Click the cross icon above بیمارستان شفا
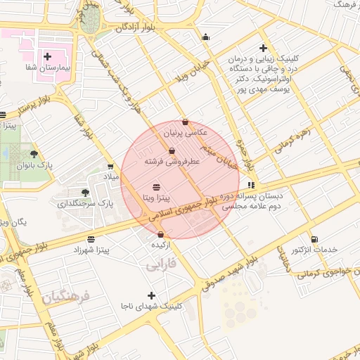pyautogui.click(x=47, y=56)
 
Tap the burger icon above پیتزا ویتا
pyautogui.click(x=155, y=186)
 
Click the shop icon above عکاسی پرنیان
pyautogui.click(x=185, y=122)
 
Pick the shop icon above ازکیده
pyautogui.click(x=161, y=234)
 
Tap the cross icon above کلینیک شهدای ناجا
pyautogui.click(x=151, y=295)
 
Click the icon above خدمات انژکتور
pyautogui.click(x=314, y=239)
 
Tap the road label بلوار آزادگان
pyautogui.click(x=139, y=27)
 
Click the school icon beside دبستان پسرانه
pyautogui.click(x=252, y=186)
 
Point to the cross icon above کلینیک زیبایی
pyautogui.click(x=263, y=49)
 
